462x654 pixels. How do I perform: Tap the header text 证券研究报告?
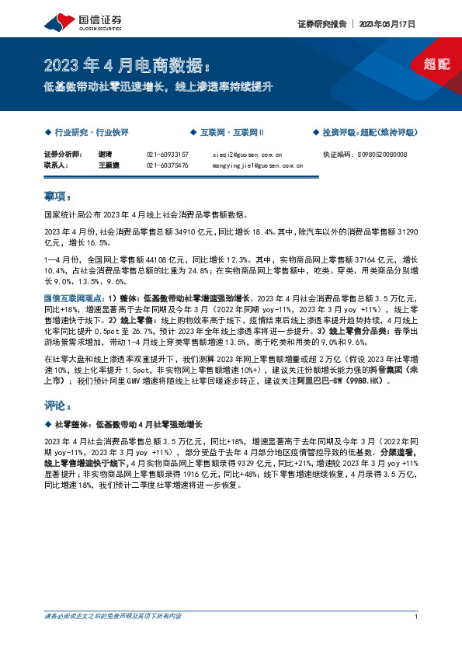point(321,24)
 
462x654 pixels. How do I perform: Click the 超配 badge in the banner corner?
point(437,64)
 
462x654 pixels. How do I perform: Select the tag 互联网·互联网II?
point(231,134)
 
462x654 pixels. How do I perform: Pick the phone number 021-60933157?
point(167,155)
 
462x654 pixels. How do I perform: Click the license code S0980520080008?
point(387,155)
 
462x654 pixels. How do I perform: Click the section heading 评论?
point(58,406)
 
